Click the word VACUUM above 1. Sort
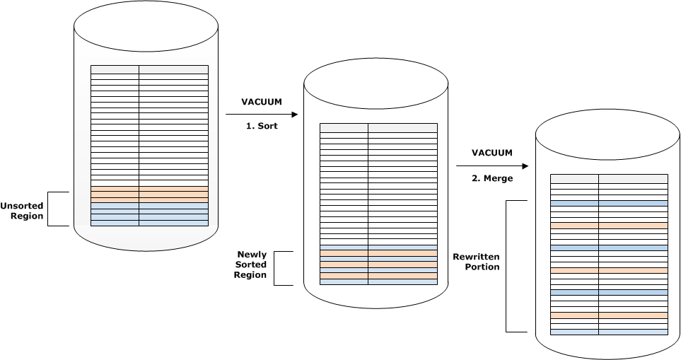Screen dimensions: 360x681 click(x=262, y=102)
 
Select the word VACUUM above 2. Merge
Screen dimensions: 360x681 click(x=492, y=153)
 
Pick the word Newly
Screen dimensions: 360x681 click(x=252, y=253)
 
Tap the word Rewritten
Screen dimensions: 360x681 click(x=477, y=256)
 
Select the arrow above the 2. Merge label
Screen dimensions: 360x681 click(x=492, y=166)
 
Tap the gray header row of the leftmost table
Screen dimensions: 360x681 click(x=149, y=69)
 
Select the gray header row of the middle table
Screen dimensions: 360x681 click(x=378, y=127)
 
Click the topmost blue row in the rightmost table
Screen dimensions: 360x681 click(x=609, y=203)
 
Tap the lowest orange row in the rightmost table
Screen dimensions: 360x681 click(x=609, y=315)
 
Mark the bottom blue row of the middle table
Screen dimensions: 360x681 click(x=378, y=281)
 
